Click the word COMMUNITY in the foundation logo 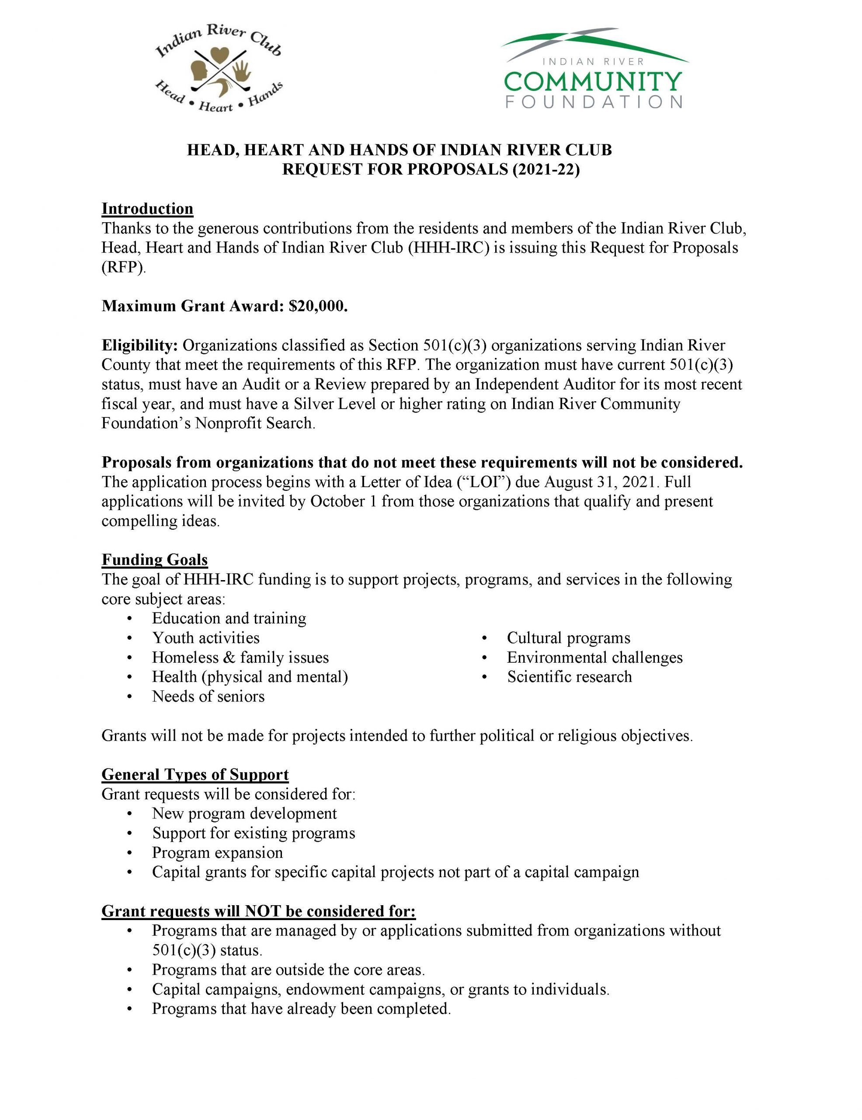click(x=593, y=81)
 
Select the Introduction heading click(x=147, y=208)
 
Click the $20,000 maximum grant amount click(x=318, y=306)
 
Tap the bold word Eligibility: click(x=140, y=345)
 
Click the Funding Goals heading click(x=154, y=559)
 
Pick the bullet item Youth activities click(x=205, y=637)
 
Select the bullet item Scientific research click(x=570, y=676)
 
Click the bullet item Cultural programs click(x=568, y=637)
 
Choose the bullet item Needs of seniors click(x=208, y=696)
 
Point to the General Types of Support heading click(x=195, y=774)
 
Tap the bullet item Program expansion click(x=217, y=852)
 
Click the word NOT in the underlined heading click(x=263, y=911)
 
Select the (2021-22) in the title click(x=546, y=169)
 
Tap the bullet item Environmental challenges click(x=594, y=657)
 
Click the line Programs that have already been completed click(x=301, y=1009)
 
